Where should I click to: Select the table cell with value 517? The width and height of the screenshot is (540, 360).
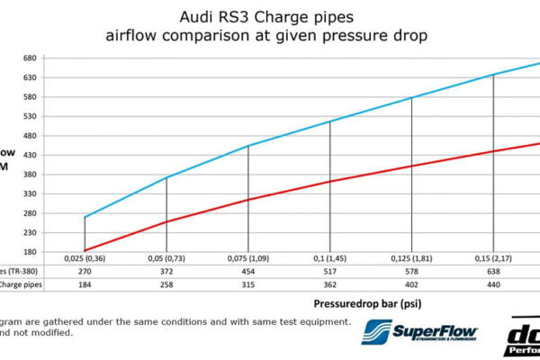[329, 270]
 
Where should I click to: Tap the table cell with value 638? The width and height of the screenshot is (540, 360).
[493, 270]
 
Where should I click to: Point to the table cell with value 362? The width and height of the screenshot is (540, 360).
[329, 284]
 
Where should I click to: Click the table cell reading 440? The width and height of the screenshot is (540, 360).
[493, 284]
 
